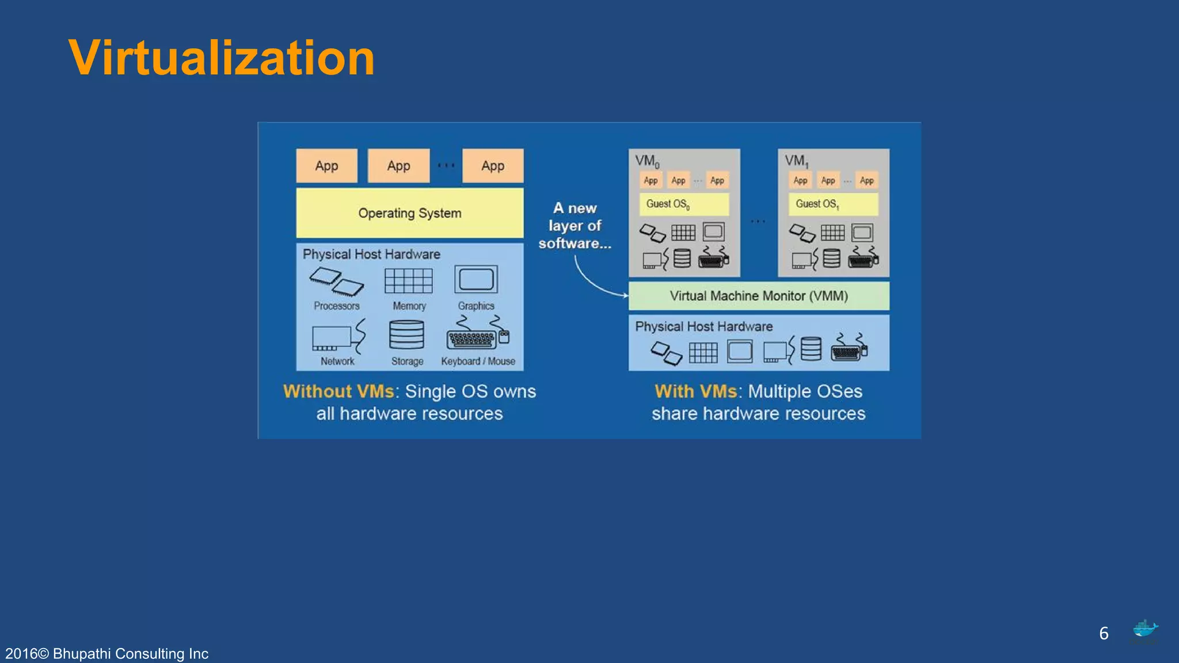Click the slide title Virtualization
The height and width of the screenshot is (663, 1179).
[x=221, y=58]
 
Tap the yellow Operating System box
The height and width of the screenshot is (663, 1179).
[x=409, y=213]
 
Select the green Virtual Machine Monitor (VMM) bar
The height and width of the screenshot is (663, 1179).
[x=758, y=296]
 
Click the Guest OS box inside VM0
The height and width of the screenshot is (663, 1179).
[x=683, y=204]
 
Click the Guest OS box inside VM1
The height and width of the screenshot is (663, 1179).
[x=832, y=204]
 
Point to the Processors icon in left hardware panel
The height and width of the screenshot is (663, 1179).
[x=336, y=281]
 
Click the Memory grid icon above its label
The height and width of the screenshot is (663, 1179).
[x=408, y=281]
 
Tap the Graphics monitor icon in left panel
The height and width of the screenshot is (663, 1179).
[x=476, y=280]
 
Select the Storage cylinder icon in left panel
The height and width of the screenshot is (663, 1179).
[x=406, y=335]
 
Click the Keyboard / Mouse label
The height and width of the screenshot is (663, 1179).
[x=478, y=361]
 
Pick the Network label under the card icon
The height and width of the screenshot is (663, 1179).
[x=337, y=361]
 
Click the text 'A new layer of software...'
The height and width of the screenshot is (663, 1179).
[x=575, y=226]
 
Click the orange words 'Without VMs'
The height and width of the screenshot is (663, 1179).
[x=339, y=391]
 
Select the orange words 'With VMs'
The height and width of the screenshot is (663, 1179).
[x=695, y=391]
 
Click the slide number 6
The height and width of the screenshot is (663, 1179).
[x=1104, y=633]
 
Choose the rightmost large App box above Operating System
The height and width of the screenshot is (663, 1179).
[x=492, y=166]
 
